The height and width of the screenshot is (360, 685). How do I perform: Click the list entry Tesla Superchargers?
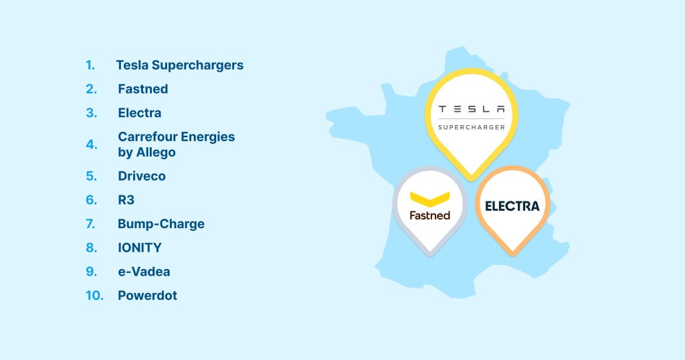[179, 66]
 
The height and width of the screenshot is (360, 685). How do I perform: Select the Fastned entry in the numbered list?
[142, 89]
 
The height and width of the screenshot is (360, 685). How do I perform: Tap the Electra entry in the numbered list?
[139, 112]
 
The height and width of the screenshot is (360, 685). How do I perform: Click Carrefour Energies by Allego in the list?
[176, 145]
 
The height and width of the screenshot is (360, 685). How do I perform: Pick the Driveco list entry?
[141, 176]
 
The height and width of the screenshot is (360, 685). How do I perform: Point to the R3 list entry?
[126, 199]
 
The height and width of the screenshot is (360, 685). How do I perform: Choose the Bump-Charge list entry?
[161, 223]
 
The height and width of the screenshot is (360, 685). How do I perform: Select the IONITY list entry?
[139, 248]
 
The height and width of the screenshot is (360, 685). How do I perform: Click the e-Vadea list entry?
[144, 272]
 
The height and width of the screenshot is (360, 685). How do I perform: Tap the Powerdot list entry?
[147, 295]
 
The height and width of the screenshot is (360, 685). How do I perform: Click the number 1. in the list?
[90, 66]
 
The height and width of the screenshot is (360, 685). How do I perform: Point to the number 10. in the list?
[94, 295]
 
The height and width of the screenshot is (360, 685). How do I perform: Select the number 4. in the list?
[92, 145]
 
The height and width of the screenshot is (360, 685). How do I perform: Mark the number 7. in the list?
[92, 223]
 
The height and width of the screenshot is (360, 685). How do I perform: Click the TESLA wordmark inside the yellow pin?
[472, 108]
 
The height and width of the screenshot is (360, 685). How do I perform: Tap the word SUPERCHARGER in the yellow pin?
[472, 126]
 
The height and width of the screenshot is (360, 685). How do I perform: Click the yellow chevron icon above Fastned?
[429, 198]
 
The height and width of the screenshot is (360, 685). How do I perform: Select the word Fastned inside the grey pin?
[429, 215]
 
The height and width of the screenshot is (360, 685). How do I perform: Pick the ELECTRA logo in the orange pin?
[512, 206]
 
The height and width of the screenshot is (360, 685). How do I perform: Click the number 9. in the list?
[92, 272]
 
